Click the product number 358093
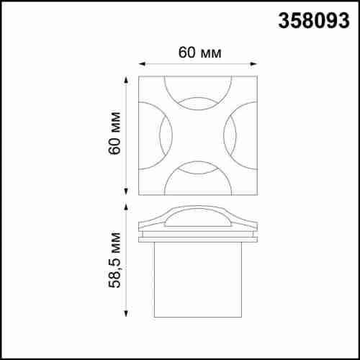pyautogui.click(x=314, y=21)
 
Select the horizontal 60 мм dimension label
pyautogui.click(x=199, y=53)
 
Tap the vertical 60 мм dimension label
pyautogui.click(x=114, y=133)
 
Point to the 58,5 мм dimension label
pyautogui.click(x=114, y=260)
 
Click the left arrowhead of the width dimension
pyautogui.click(x=143, y=64)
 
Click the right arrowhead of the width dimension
pyautogui.click(x=253, y=64)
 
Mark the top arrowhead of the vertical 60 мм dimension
pyautogui.click(x=126, y=80)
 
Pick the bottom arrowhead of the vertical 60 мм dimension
pyautogui.click(x=126, y=192)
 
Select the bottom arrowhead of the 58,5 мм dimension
pyautogui.click(x=126, y=313)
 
